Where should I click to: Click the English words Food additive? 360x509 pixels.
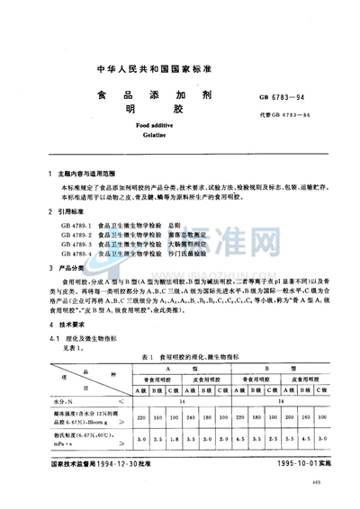180,126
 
